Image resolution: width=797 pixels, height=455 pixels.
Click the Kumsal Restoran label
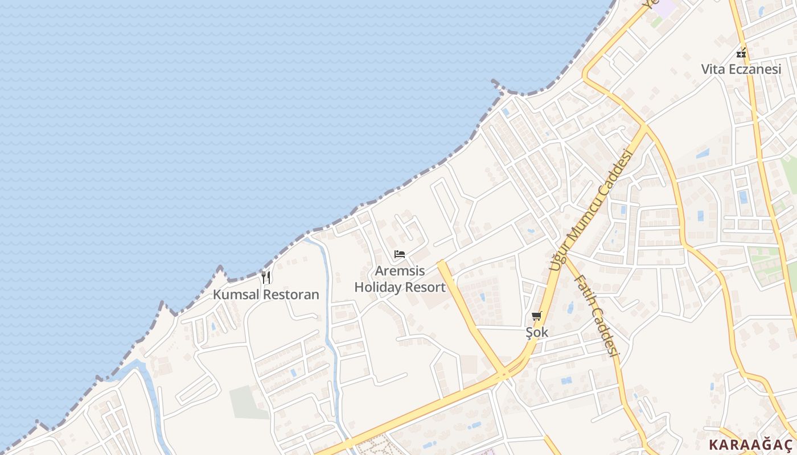[266, 295]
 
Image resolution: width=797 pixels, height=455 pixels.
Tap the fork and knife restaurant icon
[266, 278]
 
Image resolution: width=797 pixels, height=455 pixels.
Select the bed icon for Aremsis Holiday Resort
[400, 254]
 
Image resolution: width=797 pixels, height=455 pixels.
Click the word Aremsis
[400, 271]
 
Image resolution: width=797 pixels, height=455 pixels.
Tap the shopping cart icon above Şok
[537, 316]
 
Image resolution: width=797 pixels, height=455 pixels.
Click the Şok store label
[537, 332]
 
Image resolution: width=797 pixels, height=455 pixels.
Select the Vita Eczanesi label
[741, 69]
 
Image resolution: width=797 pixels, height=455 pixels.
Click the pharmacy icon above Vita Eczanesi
[741, 53]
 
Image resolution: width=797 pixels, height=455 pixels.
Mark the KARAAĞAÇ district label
[750, 445]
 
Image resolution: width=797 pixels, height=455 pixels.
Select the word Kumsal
[236, 295]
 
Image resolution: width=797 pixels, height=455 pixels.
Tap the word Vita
[712, 69]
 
